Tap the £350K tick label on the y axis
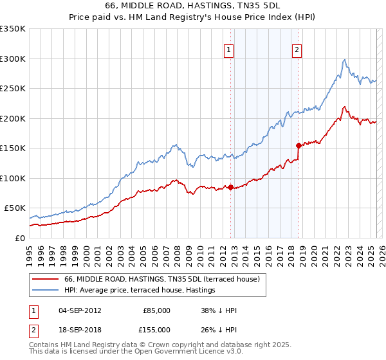13,29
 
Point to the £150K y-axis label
13,148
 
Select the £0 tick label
19,238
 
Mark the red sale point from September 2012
230,187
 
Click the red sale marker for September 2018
299,145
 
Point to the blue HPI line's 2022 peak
345,60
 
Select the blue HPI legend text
161,290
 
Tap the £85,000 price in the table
156,310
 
